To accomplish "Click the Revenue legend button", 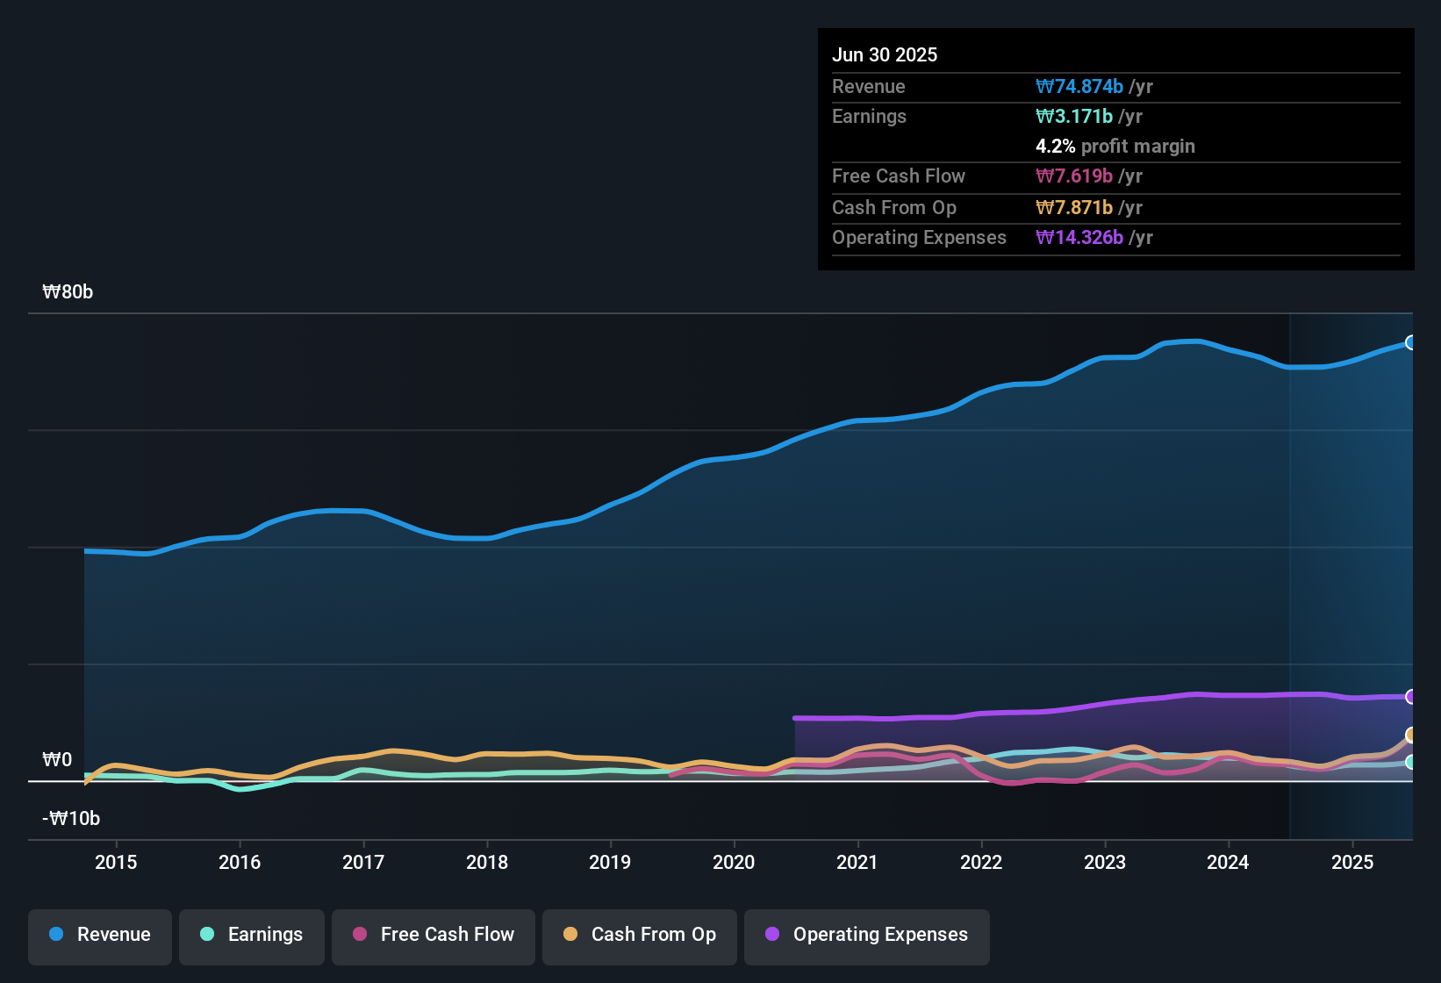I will click(x=100, y=935).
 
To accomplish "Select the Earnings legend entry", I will click(x=252, y=935).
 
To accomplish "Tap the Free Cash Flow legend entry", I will click(x=434, y=935).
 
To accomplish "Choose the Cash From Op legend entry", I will click(x=640, y=935).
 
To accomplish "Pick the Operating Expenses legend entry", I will click(x=867, y=935).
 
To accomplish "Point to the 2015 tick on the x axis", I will click(x=116, y=862).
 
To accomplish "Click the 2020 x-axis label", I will click(x=734, y=862).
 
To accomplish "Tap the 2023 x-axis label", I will click(x=1104, y=862).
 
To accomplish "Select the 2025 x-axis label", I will click(x=1351, y=862).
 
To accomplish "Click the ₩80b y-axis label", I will click(x=68, y=292).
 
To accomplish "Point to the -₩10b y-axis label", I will click(x=71, y=819).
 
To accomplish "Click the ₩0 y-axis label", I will click(x=57, y=760).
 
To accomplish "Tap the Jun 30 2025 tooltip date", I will click(x=885, y=54).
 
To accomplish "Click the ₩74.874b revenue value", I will click(x=1079, y=86).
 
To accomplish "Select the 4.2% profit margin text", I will click(x=1115, y=147).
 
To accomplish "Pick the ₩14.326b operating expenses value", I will click(x=1079, y=238).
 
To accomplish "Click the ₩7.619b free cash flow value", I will click(x=1074, y=176).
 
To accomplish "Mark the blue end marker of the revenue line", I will click(x=1410, y=342).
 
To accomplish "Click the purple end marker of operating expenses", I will click(x=1410, y=697).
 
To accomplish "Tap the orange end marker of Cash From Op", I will click(x=1410, y=735).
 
